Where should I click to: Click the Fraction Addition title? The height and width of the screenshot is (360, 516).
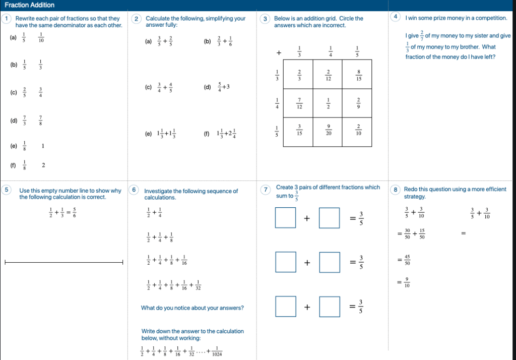tap(29, 5)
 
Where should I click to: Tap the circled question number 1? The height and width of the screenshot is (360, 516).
tap(6, 19)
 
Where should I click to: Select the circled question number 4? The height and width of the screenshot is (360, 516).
tap(396, 17)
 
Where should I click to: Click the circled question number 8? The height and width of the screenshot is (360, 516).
tap(396, 190)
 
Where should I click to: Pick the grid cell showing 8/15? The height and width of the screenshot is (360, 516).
tap(357, 75)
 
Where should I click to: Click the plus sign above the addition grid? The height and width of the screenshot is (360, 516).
tap(278, 52)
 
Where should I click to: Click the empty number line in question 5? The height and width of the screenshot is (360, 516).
tap(63, 262)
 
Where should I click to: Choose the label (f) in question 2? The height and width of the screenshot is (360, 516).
tap(206, 134)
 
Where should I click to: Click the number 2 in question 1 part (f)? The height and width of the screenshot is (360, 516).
tap(43, 164)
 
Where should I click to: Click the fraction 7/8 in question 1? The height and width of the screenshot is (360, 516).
tap(40, 121)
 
